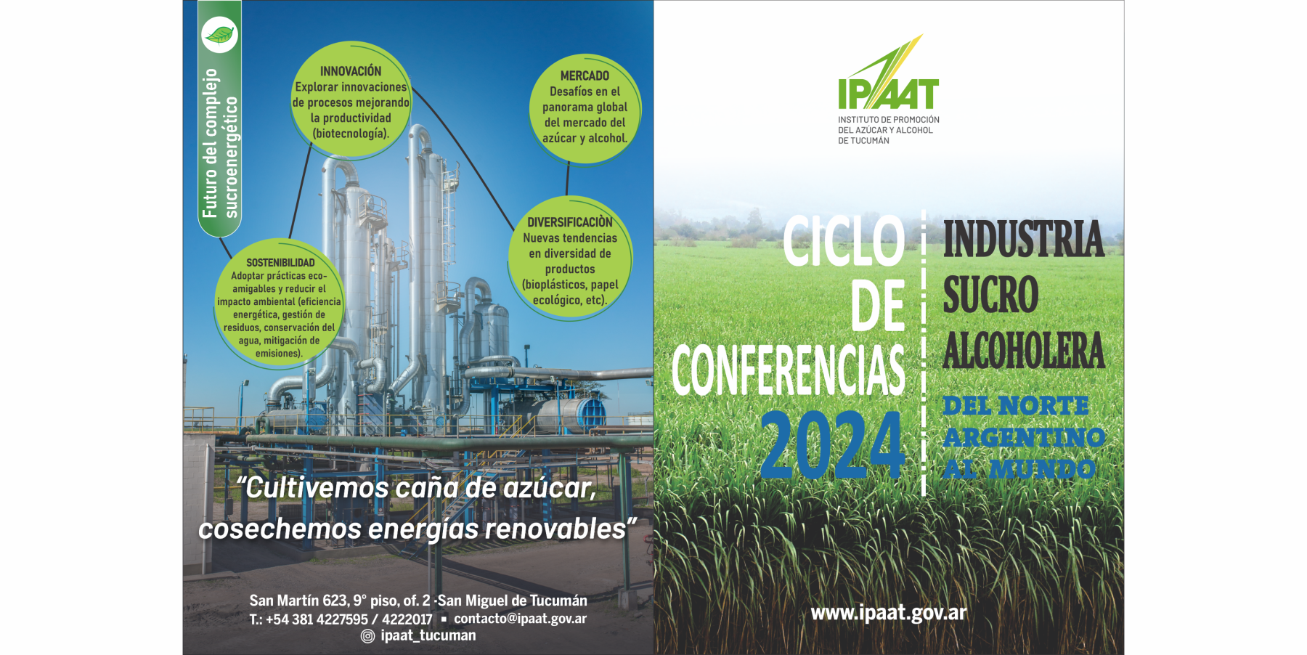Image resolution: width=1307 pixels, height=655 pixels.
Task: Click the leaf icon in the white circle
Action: click(219, 34)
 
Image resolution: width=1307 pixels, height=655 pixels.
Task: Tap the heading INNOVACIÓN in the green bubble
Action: click(351, 71)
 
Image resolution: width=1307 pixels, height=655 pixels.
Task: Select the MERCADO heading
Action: click(585, 76)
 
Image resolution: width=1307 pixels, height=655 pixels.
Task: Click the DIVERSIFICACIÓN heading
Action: click(570, 222)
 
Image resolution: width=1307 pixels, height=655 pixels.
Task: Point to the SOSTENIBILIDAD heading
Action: click(280, 263)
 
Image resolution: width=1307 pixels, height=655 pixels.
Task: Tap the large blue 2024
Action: click(833, 445)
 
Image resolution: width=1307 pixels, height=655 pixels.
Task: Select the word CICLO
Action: click(844, 241)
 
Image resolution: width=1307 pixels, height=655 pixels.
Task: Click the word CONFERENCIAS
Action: click(789, 370)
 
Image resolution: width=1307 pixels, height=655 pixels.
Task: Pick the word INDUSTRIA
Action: click(1023, 239)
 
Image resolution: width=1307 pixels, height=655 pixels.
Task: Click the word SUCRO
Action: click(990, 294)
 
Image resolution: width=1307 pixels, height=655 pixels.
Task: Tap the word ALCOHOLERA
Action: click(1024, 351)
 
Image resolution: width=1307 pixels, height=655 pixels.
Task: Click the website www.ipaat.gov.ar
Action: click(889, 613)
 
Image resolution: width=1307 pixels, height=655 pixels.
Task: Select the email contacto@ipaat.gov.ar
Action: click(520, 619)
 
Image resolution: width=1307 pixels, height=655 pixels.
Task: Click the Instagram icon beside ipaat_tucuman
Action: click(368, 636)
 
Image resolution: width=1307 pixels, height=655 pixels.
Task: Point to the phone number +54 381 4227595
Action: click(317, 619)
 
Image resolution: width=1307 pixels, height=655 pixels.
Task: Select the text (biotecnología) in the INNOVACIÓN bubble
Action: click(351, 134)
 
